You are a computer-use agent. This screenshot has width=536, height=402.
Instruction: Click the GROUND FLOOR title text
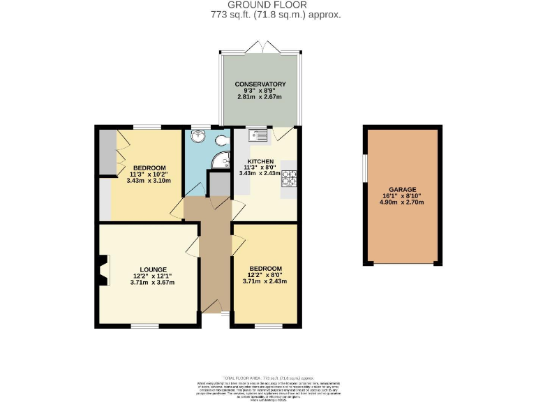tap(267, 5)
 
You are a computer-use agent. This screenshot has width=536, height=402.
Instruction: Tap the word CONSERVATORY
tap(260, 84)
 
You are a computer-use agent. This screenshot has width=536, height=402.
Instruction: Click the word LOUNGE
tap(152, 269)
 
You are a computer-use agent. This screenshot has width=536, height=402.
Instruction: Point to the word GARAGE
tap(403, 189)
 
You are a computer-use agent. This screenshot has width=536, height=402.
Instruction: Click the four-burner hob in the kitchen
tap(288, 179)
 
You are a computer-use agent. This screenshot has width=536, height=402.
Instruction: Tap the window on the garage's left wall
tap(364, 170)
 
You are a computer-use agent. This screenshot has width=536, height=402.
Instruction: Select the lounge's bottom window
tap(146, 326)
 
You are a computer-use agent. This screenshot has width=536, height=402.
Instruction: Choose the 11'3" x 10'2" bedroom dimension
tap(150, 174)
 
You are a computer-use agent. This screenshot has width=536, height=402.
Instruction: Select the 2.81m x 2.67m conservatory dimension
tap(260, 98)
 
